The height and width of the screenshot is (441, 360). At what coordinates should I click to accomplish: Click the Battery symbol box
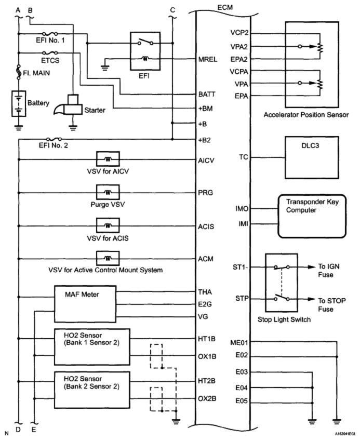(x=19, y=103)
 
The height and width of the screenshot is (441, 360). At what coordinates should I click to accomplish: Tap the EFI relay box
(x=145, y=51)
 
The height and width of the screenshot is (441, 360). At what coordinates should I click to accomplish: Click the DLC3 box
(x=312, y=157)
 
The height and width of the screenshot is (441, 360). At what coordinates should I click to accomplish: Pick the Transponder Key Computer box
(x=312, y=216)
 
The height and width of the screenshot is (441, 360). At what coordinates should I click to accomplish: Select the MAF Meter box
(x=85, y=304)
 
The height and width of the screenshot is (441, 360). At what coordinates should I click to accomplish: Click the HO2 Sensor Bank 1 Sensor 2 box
(x=92, y=347)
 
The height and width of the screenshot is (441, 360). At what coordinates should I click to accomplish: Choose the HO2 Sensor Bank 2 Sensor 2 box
(x=92, y=390)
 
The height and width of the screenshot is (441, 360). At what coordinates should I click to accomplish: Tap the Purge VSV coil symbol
(x=108, y=192)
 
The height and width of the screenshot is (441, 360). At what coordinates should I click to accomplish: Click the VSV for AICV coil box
(x=108, y=159)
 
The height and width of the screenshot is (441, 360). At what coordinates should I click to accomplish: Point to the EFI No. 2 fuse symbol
(x=54, y=139)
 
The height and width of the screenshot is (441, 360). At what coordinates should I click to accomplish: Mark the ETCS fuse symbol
(x=50, y=52)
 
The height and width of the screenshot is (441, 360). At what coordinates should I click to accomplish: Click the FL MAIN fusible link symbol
(x=19, y=72)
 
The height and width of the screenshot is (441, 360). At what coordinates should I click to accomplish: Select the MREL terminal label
(x=208, y=59)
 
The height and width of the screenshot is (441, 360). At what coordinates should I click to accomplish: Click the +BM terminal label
(x=206, y=109)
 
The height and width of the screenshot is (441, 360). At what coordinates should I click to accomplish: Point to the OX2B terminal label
(x=207, y=398)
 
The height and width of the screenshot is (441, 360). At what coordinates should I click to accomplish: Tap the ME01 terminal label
(x=239, y=342)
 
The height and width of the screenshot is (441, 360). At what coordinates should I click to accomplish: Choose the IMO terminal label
(x=242, y=209)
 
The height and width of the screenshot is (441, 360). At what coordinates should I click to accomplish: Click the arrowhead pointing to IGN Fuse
(x=312, y=267)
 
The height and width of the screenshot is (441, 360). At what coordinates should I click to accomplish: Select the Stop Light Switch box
(x=282, y=283)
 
